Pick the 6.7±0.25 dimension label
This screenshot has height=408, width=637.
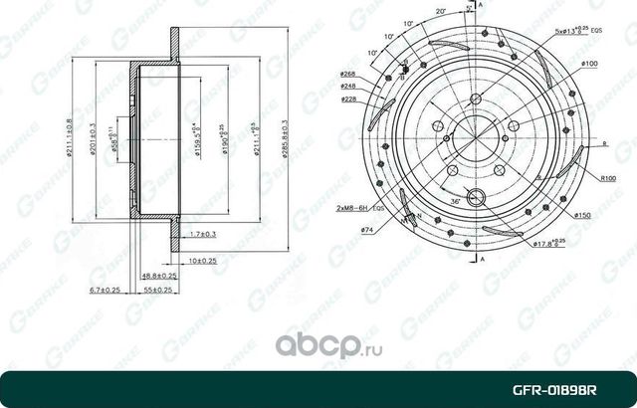tap(104, 290)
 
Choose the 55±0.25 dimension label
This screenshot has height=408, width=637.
tap(156, 290)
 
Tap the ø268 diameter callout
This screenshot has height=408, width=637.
tap(347, 74)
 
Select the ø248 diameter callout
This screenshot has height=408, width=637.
tap(347, 87)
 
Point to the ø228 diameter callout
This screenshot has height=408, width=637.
tap(347, 100)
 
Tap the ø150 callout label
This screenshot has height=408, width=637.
tap(584, 214)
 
